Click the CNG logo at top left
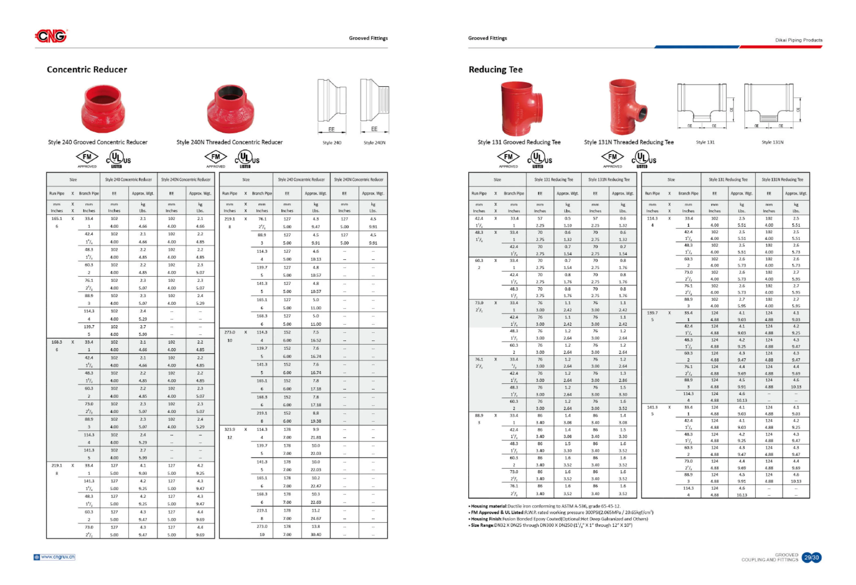click(51, 36)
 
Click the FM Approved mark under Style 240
click(87, 158)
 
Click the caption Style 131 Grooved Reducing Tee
click(519, 142)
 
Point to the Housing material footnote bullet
click(544, 506)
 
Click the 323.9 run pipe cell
click(229, 429)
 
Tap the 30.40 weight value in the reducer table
click(316, 534)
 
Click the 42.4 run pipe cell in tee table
click(479, 219)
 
